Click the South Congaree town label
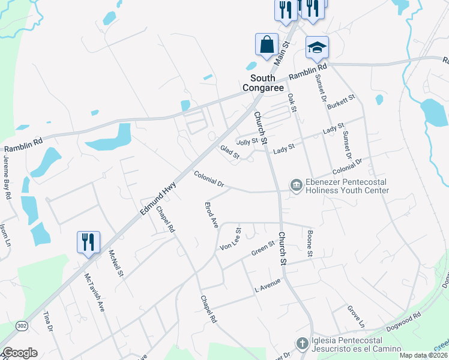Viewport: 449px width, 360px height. [x=263, y=83]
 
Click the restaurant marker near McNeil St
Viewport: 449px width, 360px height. [x=88, y=242]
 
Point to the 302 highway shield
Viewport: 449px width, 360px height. [x=22, y=326]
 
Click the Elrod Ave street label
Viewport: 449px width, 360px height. [x=211, y=214]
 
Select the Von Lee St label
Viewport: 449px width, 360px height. [x=231, y=239]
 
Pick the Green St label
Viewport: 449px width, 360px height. [x=263, y=247]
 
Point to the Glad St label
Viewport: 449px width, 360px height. [x=229, y=152]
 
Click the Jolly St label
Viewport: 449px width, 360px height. [x=247, y=142]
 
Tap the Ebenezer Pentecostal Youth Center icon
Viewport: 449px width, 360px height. [x=296, y=185]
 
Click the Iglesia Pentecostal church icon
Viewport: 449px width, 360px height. [x=303, y=343]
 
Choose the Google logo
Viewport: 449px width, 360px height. [x=20, y=353]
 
